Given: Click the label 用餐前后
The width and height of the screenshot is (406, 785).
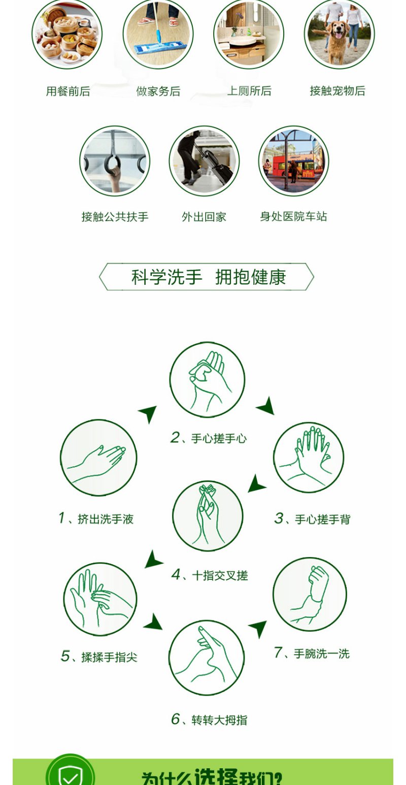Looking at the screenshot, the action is point(68,91).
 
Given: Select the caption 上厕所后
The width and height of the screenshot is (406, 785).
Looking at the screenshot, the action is point(249,91).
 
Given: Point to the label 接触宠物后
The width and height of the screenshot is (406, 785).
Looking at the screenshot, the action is point(337,91).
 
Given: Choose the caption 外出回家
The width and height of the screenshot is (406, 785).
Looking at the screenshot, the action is point(204,217).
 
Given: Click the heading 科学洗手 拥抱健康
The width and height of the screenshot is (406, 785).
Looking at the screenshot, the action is point(209,277).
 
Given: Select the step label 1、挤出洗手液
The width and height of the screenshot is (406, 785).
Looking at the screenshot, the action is point(96,518).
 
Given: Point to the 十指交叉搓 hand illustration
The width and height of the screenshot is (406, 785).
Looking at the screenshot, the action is point(208,516).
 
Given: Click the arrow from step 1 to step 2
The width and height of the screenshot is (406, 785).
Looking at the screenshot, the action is point(148,413).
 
